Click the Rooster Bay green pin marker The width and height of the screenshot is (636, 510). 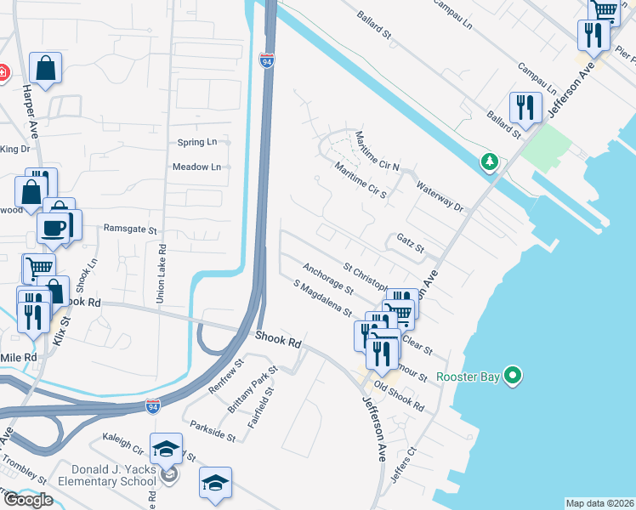coord(513,375)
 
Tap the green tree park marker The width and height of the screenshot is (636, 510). coord(489,161)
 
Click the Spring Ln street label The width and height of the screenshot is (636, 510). coord(197,142)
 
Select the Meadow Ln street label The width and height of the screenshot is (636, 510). coord(196,167)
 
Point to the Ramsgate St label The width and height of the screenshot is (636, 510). coord(130,229)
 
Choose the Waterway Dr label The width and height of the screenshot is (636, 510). coord(440,195)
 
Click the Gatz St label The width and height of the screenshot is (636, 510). coord(410,243)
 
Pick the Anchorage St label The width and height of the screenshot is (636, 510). coord(327,278)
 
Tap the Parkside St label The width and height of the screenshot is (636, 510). coord(213,430)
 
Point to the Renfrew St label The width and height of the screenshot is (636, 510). coord(227,373)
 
